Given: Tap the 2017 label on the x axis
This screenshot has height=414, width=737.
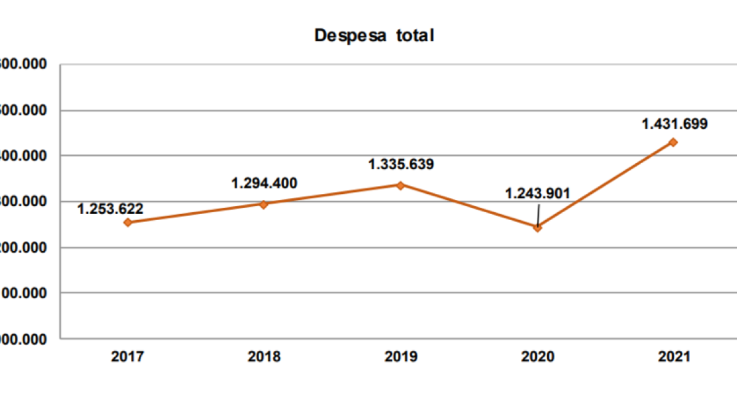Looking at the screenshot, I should click(x=127, y=357).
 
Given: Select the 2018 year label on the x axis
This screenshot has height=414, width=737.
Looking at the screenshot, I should click(x=264, y=357).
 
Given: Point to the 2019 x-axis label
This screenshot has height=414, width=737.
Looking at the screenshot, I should click(x=400, y=357).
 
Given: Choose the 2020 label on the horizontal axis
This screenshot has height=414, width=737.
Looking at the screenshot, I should click(x=537, y=357).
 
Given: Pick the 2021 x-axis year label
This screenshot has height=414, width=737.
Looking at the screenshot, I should click(x=674, y=357).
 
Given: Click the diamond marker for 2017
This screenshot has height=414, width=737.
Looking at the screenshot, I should click(x=128, y=222).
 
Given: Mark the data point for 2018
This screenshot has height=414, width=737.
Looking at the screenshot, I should click(x=264, y=204).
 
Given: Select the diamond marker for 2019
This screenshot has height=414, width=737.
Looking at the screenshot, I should click(x=400, y=185).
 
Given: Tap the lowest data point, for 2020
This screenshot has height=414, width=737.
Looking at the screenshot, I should click(x=537, y=227).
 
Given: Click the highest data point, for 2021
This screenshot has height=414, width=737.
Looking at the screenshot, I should click(x=674, y=142).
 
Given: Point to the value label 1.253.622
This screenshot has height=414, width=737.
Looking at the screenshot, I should click(x=111, y=209).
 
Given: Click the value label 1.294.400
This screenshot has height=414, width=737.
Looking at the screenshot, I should click(x=264, y=183).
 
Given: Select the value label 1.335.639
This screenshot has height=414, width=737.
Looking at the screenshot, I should click(x=400, y=164).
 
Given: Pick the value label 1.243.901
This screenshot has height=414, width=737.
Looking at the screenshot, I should click(x=538, y=194).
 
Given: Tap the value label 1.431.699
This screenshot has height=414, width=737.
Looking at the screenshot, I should click(x=674, y=124).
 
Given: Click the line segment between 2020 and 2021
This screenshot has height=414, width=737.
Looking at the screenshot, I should click(x=606, y=185).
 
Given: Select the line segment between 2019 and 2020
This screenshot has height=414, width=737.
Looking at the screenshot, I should click(x=469, y=206).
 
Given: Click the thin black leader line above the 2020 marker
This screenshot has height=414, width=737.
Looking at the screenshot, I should click(x=539, y=214).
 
